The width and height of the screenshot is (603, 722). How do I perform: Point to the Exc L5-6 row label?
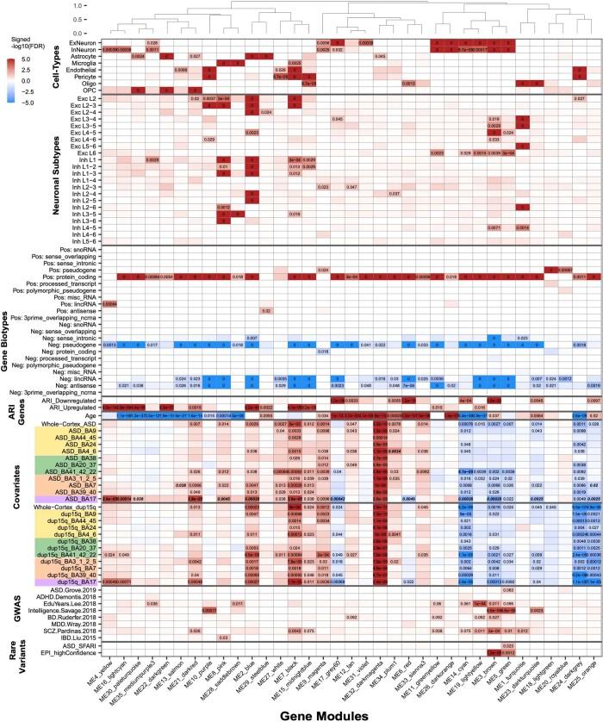coord(82,146)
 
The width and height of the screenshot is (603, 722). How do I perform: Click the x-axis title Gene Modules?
coord(348,714)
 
